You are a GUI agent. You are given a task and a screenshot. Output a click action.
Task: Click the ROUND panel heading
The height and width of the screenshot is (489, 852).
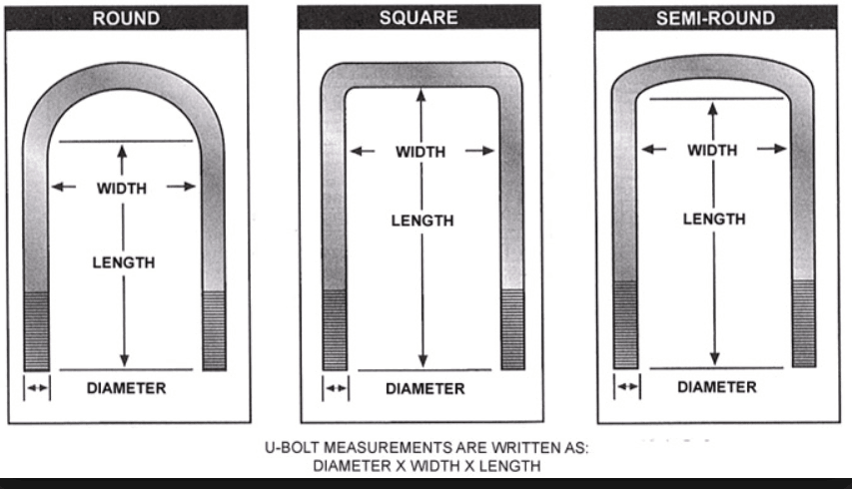tap(126, 18)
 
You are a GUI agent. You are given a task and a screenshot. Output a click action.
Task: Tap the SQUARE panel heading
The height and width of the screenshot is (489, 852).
tap(419, 18)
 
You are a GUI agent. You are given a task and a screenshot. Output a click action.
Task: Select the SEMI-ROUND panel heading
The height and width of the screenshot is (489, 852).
tap(715, 18)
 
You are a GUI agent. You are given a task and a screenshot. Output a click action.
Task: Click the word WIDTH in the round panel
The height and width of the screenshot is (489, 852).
tap(122, 189)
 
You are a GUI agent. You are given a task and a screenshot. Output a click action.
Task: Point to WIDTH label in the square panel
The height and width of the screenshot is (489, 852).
tap(421, 152)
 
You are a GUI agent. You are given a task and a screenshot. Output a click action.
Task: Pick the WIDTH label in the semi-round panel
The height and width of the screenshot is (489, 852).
tap(712, 151)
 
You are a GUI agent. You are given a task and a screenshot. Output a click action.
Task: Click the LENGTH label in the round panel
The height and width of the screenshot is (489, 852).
tap(124, 262)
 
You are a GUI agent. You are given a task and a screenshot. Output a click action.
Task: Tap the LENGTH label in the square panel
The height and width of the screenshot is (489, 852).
tap(423, 221)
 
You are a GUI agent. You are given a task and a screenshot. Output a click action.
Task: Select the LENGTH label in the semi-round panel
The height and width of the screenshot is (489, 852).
tap(714, 220)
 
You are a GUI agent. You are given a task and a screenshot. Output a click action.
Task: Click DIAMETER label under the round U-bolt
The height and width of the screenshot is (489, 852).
tap(127, 388)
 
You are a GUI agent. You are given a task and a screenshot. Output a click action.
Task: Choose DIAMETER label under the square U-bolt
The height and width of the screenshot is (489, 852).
tap(426, 389)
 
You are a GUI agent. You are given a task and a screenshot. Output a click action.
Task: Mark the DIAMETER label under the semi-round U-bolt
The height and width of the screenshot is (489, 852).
tap(717, 387)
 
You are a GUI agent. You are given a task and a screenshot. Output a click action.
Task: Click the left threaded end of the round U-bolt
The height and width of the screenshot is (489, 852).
tap(36, 331)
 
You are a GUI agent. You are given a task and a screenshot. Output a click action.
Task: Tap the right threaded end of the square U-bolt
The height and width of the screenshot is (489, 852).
tap(512, 329)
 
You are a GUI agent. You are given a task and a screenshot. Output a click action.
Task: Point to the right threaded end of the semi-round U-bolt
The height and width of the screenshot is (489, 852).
tap(804, 324)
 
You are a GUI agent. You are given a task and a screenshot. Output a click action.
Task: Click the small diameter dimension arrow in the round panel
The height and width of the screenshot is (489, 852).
tap(37, 387)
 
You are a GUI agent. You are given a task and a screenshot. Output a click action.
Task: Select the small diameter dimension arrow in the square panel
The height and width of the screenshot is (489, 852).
tap(336, 388)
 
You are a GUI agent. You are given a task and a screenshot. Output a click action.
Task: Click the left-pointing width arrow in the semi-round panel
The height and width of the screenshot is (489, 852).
tap(653, 149)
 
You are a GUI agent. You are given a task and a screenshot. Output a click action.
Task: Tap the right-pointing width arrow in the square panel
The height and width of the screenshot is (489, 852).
tap(479, 151)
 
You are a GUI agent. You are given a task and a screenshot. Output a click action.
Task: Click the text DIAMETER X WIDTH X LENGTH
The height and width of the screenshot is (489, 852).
tap(426, 466)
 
